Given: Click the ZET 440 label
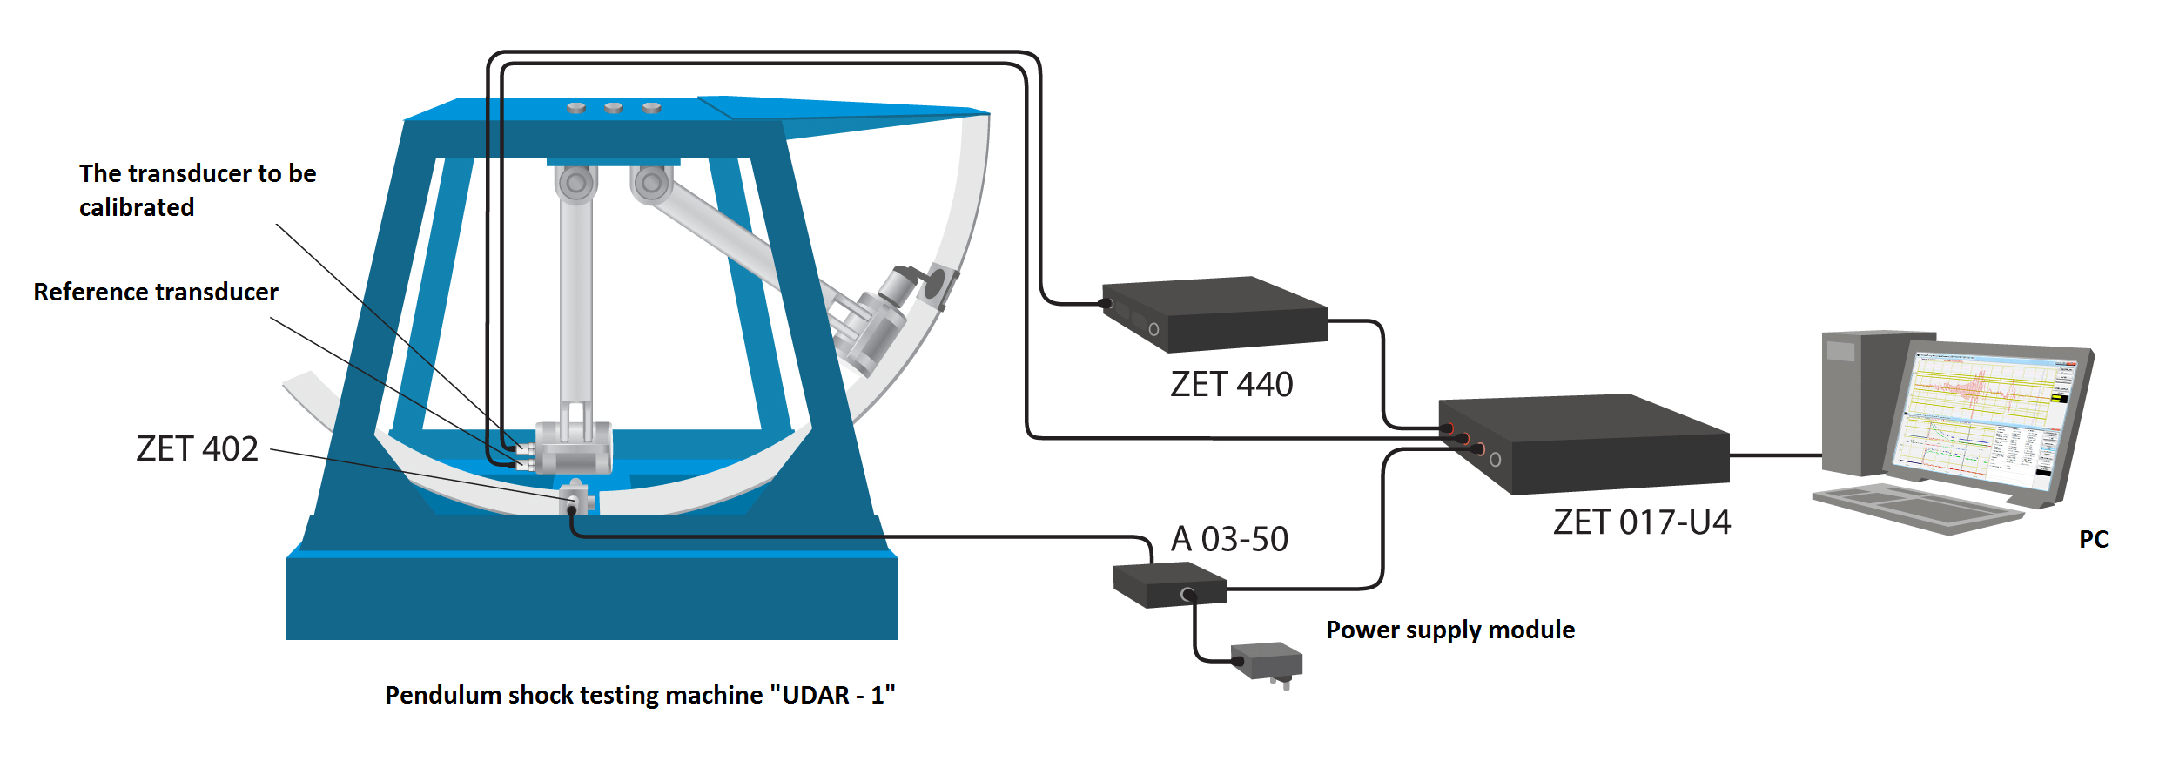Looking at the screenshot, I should coord(1231,384).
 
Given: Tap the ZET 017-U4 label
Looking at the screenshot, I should coord(1642,522).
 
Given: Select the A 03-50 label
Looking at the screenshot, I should coord(1229,539).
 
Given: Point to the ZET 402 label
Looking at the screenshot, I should coord(198,448).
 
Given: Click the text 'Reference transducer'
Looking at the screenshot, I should coord(156,292).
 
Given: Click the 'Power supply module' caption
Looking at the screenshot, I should coord(1450,630).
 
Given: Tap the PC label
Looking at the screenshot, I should coord(2094,539).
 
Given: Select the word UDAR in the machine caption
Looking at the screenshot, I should coord(816,695).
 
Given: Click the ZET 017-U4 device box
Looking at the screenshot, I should coord(1593,444).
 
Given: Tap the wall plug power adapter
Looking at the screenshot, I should coord(1268,663).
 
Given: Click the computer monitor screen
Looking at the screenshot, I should coord(1989,416).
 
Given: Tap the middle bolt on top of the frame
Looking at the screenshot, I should coord(613,108).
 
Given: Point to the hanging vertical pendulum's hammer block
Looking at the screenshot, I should coord(573,448).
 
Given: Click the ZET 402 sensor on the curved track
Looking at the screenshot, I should coord(575,499).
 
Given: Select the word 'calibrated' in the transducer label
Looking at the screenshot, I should coord(137,207).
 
